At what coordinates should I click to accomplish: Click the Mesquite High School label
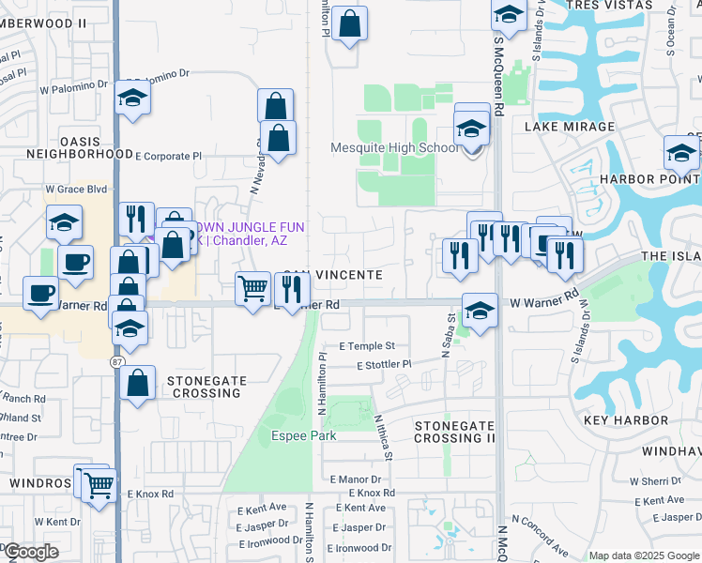point(394,147)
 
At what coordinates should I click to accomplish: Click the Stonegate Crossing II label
point(454,432)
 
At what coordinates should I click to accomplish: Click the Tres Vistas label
point(615,6)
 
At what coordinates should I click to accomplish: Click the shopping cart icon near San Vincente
point(252,288)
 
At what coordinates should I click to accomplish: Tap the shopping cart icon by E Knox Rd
point(99,485)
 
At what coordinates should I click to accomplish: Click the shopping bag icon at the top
point(349,25)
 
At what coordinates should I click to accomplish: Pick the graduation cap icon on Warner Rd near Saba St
point(480,311)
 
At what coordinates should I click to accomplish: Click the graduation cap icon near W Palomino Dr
point(132,99)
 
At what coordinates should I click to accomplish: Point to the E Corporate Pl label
point(168,157)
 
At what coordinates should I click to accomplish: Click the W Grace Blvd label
point(77,189)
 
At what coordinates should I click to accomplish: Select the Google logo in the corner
point(30,553)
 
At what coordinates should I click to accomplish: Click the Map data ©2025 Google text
point(643,555)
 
